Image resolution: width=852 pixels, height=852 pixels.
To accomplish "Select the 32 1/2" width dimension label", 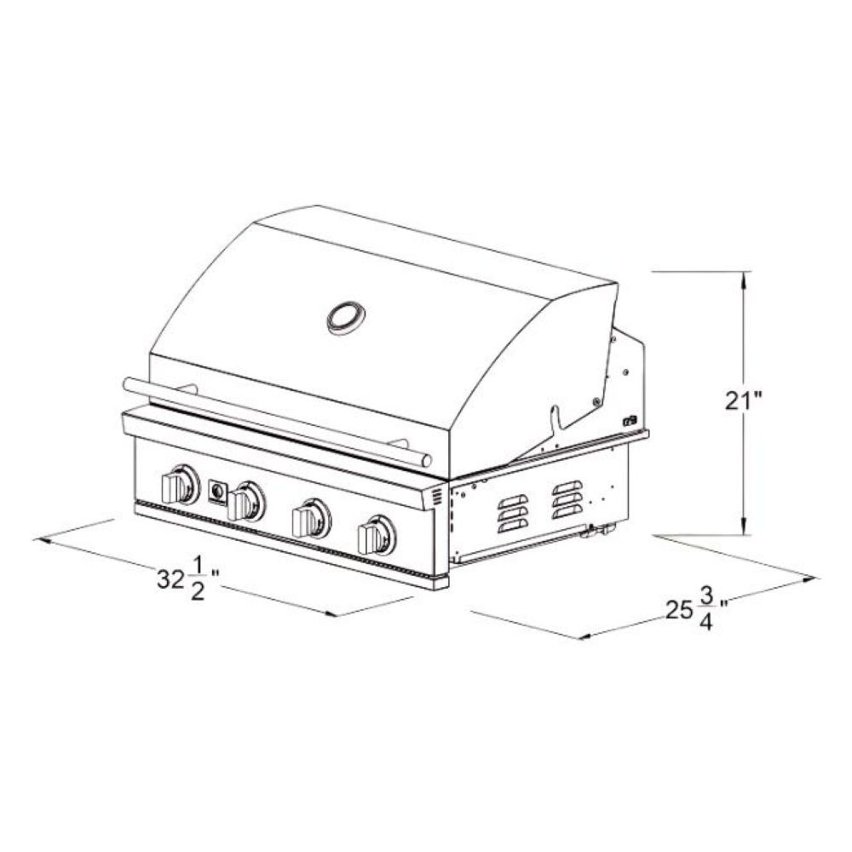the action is click(x=188, y=579).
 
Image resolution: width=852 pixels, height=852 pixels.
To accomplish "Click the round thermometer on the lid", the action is click(x=346, y=317).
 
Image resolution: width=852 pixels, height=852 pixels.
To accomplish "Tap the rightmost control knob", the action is click(x=377, y=535).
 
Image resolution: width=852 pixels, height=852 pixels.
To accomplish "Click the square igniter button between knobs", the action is click(x=216, y=492).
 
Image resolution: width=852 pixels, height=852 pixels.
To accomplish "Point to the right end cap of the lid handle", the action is click(x=426, y=460).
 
